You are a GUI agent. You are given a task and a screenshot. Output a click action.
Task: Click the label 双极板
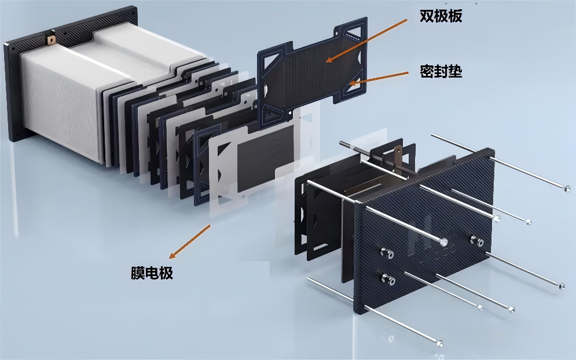441,16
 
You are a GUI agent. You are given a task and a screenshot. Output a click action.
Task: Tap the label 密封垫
441,71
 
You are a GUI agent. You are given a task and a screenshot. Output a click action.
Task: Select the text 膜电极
152,273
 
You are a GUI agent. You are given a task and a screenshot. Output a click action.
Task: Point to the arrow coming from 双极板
366,41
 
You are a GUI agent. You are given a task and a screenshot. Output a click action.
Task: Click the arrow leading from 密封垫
379,78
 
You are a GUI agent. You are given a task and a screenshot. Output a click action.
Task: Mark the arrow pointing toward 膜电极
189,242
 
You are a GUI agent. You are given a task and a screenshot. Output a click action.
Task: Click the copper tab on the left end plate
50,39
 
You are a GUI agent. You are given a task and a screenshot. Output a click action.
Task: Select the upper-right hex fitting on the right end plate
476,241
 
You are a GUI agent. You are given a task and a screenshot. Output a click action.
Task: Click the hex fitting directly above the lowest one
387,253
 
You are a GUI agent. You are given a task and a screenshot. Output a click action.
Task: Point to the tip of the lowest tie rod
439,343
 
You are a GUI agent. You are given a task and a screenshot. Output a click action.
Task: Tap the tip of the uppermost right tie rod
567,188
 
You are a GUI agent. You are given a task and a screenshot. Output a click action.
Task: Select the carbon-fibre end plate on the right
424,232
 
